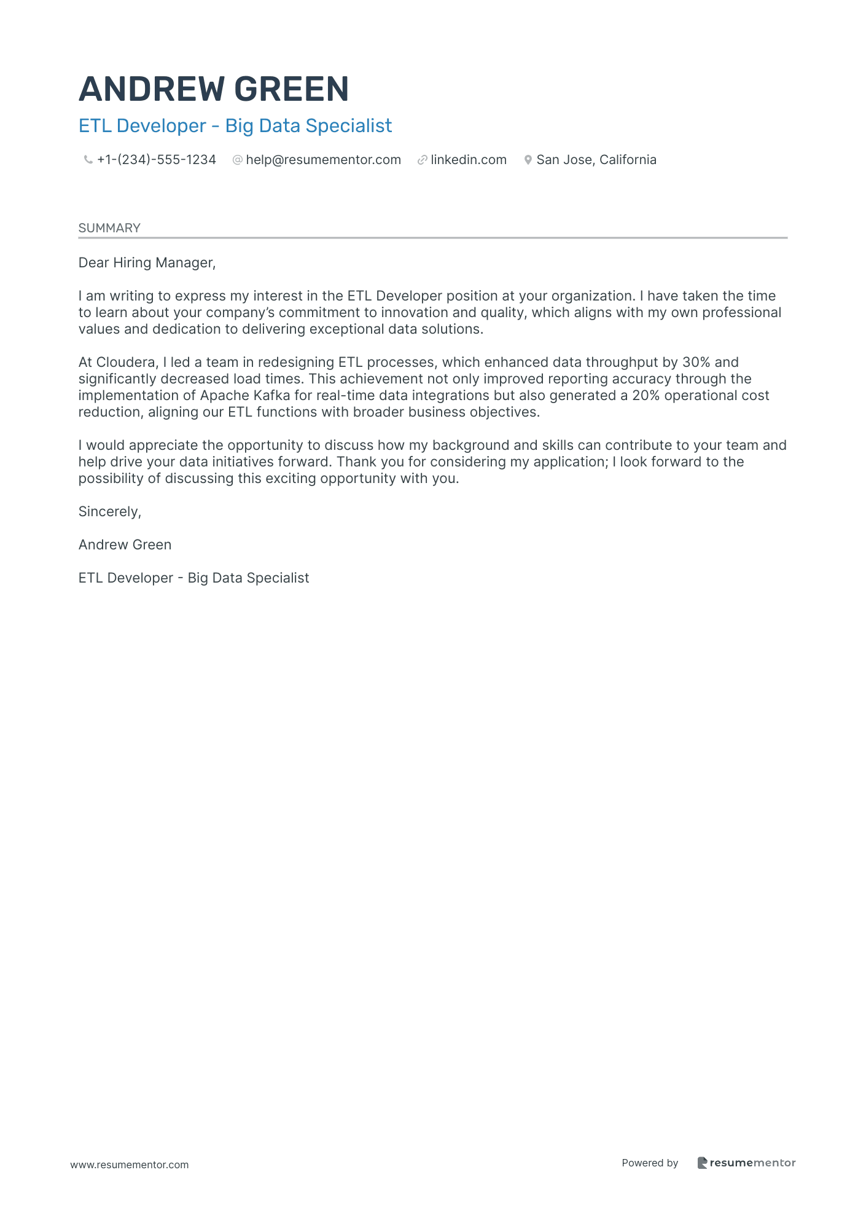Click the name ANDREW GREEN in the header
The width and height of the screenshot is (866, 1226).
[x=214, y=89]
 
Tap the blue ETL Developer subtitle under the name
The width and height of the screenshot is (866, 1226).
[x=235, y=126]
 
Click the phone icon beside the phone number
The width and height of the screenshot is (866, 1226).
[x=88, y=160]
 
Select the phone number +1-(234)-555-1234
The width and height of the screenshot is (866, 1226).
[x=157, y=160]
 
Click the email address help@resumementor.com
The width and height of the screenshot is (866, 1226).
[x=323, y=160]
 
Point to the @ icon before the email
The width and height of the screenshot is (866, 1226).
[x=237, y=160]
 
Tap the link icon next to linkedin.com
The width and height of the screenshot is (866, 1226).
[x=422, y=160]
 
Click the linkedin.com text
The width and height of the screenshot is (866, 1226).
[x=469, y=160]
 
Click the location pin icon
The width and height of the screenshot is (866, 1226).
[x=528, y=160]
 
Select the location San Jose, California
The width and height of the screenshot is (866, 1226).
[x=596, y=160]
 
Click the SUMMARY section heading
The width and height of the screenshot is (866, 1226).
[x=109, y=228]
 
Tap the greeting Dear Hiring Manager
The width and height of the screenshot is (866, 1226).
[x=147, y=263]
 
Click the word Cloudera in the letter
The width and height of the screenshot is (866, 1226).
[x=126, y=363]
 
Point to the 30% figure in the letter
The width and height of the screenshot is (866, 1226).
[x=696, y=363]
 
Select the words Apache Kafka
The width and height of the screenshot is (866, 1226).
[x=245, y=396]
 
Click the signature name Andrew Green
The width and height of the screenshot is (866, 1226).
[x=125, y=545]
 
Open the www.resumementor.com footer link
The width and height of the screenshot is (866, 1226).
[x=130, y=1165]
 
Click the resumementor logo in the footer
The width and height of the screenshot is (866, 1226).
[x=746, y=1163]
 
